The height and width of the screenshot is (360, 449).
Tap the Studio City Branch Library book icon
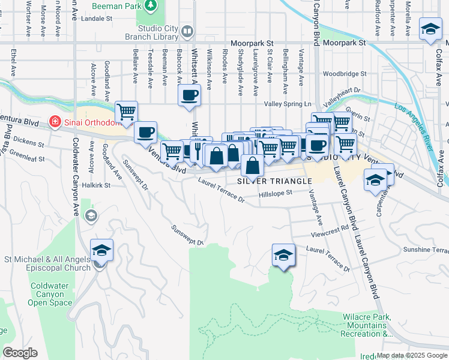(187, 31)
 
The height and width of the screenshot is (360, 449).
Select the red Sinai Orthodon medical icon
(55, 122)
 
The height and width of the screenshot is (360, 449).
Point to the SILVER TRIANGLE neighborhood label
(274, 181)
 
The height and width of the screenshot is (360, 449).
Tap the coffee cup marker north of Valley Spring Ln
(190, 95)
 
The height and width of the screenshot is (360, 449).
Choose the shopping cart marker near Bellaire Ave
(126, 112)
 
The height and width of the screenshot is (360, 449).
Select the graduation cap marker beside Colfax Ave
(430, 29)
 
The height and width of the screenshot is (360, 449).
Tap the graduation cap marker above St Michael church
(101, 250)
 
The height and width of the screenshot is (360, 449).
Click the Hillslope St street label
(275, 193)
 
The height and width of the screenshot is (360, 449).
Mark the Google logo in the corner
(20, 352)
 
